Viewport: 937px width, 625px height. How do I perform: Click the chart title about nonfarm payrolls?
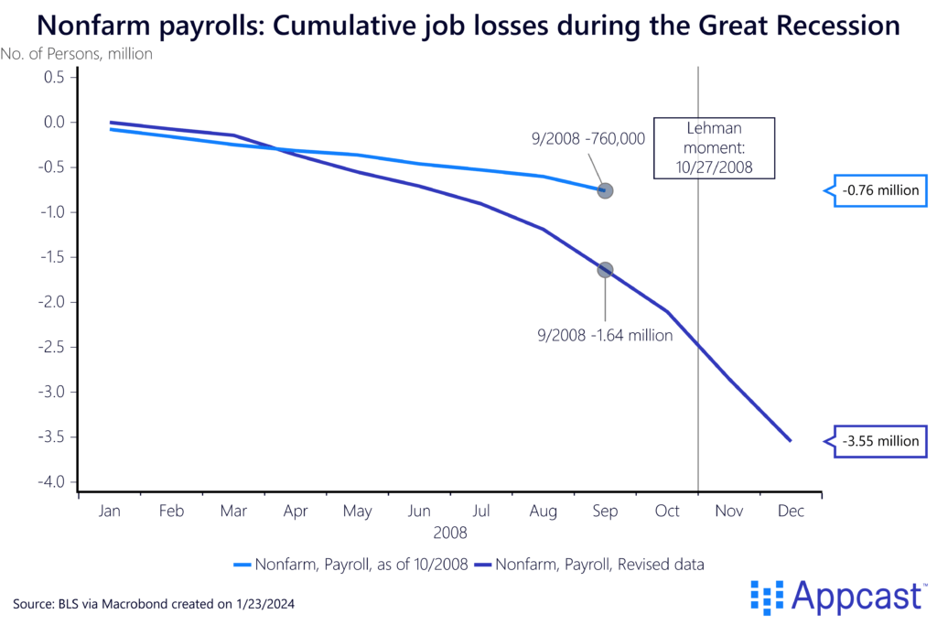coord(468,25)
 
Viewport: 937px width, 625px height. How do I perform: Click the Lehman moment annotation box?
coord(714,148)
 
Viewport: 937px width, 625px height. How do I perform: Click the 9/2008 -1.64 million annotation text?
coord(605,335)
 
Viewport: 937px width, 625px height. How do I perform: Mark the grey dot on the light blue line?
coord(605,190)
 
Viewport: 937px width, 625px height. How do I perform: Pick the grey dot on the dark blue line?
coord(605,270)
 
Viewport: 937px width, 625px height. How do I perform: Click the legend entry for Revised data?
coord(589,565)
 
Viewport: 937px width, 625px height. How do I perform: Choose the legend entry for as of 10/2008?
coord(351,565)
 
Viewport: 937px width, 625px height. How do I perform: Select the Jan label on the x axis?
coord(110,512)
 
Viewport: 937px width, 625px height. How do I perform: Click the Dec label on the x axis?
coord(791,512)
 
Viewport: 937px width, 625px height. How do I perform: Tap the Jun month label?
coord(419,512)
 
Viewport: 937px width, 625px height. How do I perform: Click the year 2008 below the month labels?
coord(450,531)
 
